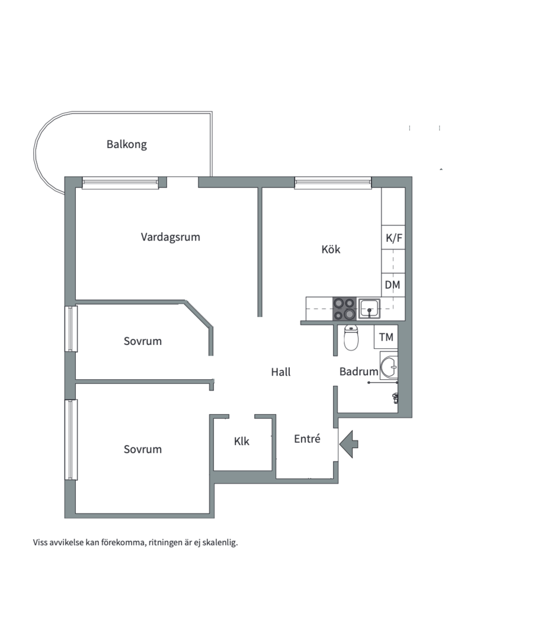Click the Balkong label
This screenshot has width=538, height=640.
(127, 145)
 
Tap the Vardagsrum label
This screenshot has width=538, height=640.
(171, 237)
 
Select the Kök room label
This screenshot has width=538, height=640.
(331, 249)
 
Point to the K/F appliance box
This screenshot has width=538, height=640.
(393, 237)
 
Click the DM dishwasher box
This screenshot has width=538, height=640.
(393, 285)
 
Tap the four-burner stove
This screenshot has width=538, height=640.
(344, 309)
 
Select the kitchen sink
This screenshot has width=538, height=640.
(369, 309)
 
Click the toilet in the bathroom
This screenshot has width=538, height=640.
(351, 338)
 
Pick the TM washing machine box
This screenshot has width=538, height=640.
(386, 337)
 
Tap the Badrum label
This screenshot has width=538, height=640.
(359, 372)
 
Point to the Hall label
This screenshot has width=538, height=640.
(281, 372)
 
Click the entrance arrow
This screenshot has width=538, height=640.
(348, 443)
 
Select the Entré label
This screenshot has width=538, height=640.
(307, 439)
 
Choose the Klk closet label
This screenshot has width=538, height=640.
(242, 441)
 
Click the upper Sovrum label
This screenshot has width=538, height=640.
(143, 341)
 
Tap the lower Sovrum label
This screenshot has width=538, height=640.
(143, 449)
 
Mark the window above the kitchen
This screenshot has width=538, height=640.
(333, 183)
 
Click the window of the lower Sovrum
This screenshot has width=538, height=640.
(71, 440)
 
